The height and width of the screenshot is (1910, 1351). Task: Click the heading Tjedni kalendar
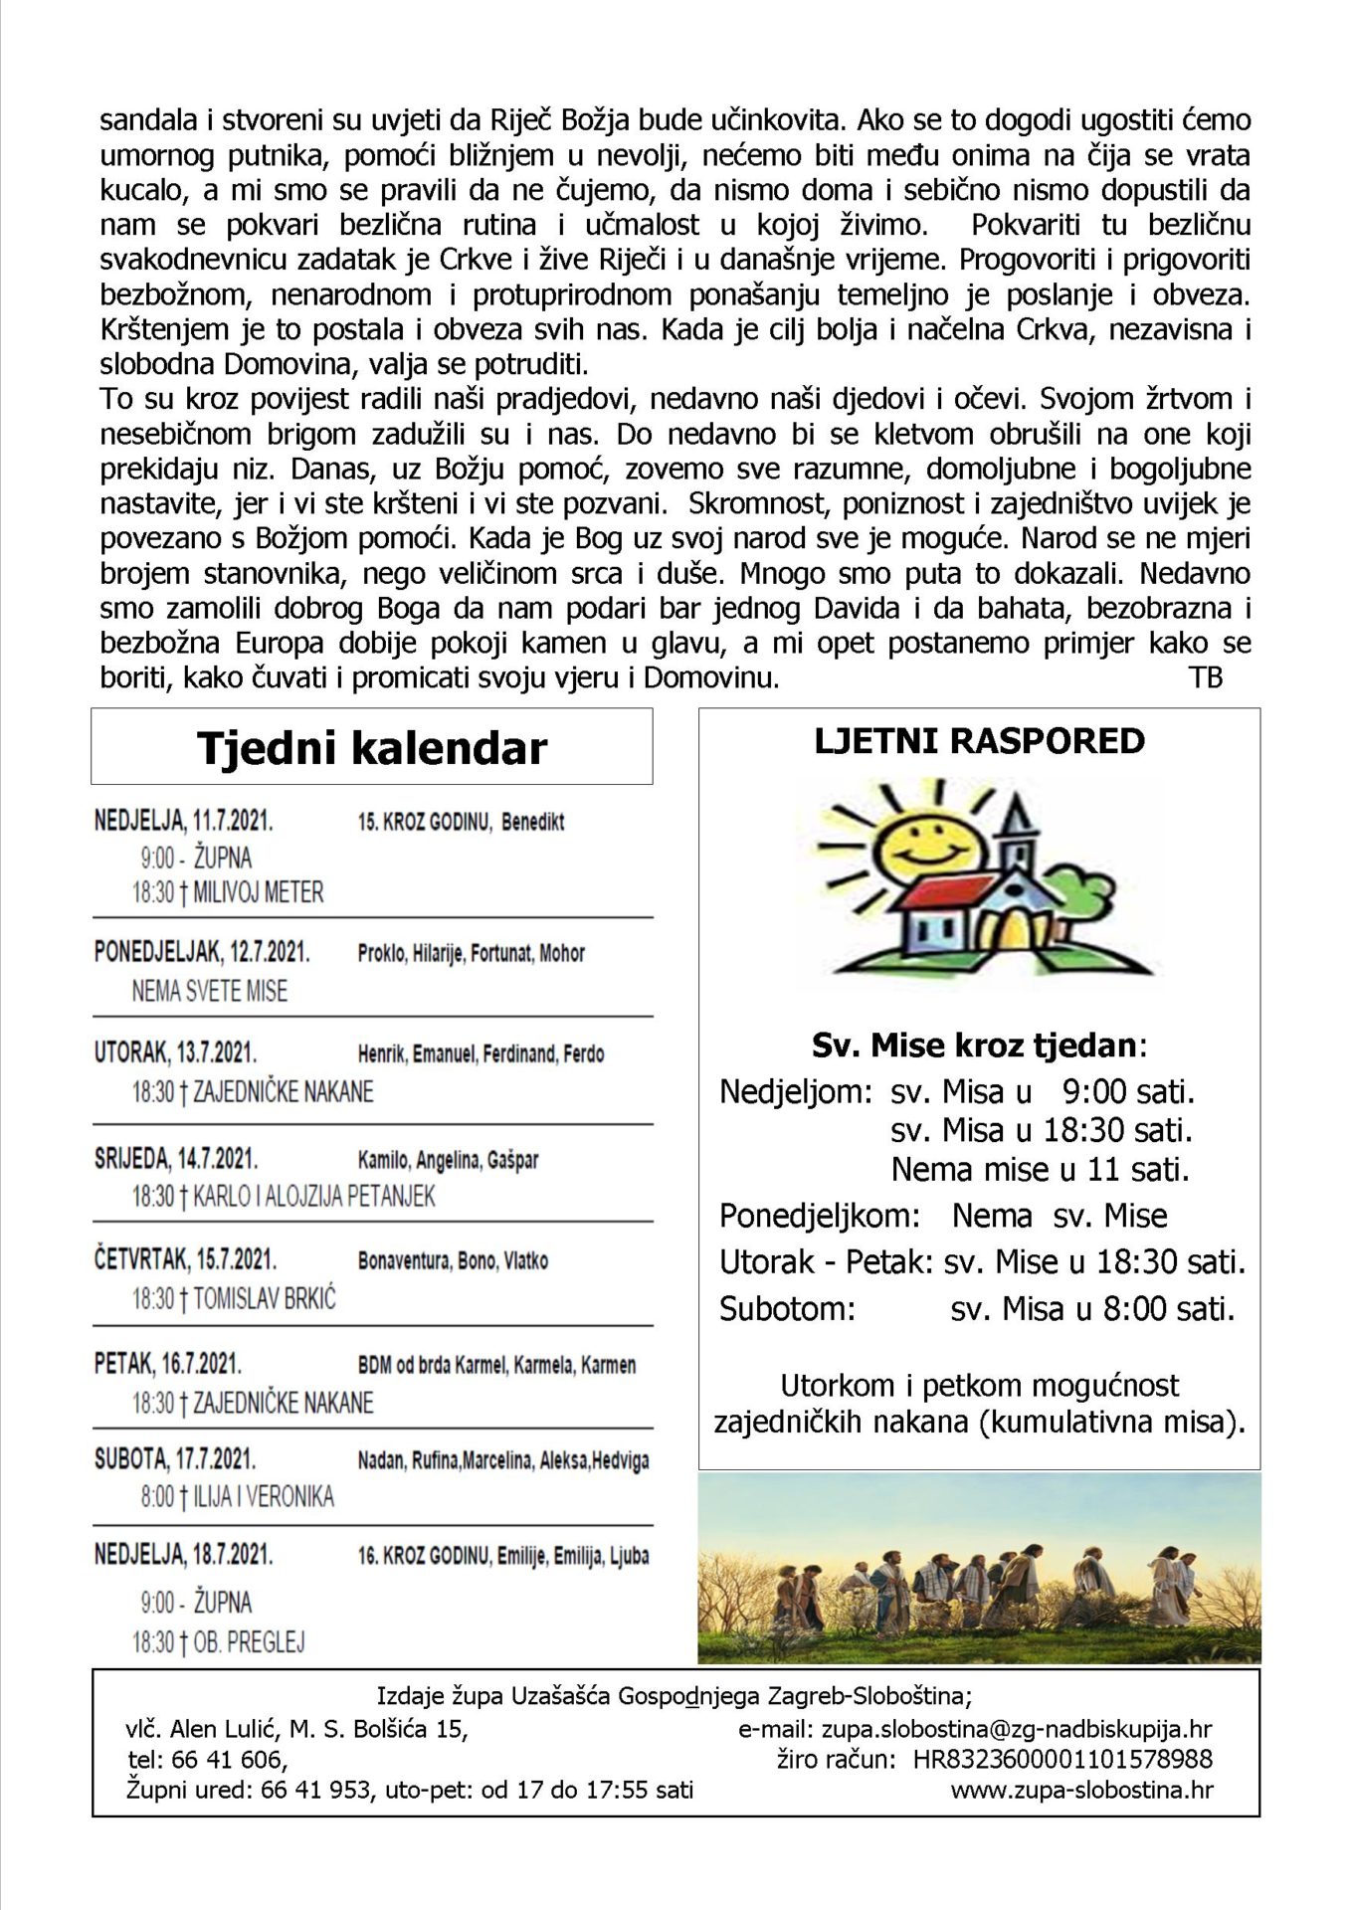tap(371, 748)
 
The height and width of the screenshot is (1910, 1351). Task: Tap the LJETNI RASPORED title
tap(979, 741)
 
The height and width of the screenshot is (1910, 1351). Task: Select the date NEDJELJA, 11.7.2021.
tap(183, 822)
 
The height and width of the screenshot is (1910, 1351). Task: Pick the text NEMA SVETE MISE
tap(209, 991)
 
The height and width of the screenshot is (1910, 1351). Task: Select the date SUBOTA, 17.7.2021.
tap(175, 1459)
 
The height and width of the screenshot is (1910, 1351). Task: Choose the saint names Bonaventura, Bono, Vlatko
tap(453, 1260)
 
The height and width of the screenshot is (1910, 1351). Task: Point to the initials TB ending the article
tap(1205, 678)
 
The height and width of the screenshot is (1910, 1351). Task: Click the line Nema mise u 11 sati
tap(1040, 1169)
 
